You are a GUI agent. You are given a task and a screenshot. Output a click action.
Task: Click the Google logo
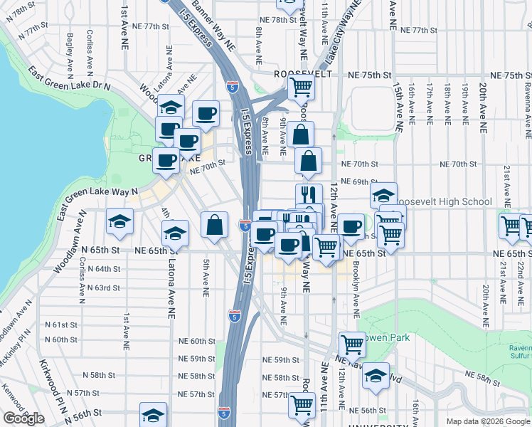tap(23, 418)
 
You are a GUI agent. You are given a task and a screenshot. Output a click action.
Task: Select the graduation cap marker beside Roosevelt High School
tap(383, 194)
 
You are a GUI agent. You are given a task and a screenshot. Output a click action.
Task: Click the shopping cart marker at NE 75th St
tap(301, 88)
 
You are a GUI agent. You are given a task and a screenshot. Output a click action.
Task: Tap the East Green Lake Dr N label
tap(69, 79)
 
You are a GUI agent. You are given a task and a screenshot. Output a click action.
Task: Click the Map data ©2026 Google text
tap(488, 421)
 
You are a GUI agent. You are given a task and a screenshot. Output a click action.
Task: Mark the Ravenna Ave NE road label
tap(526, 107)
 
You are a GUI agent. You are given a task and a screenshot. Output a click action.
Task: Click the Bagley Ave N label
tap(70, 51)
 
